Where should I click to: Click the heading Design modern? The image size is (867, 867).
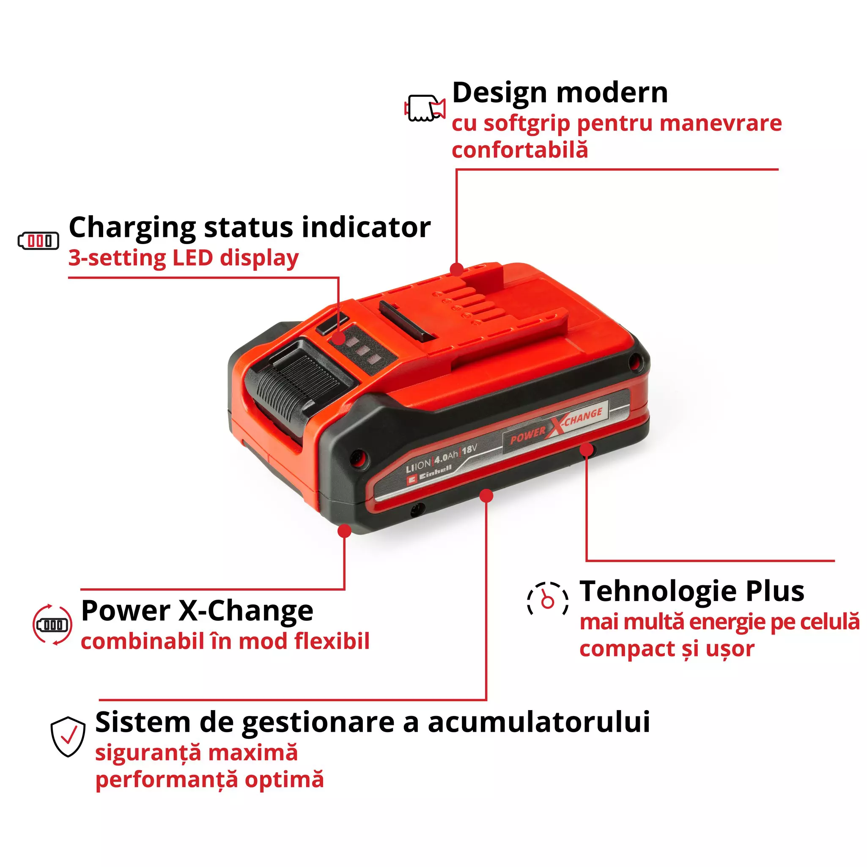pyautogui.click(x=560, y=93)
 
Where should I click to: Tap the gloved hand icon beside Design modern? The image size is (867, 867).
pyautogui.click(x=424, y=108)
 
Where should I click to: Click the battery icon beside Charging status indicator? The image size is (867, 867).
pyautogui.click(x=38, y=241)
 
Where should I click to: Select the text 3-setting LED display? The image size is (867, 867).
pyautogui.click(x=183, y=258)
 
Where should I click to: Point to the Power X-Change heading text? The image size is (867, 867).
pyautogui.click(x=197, y=611)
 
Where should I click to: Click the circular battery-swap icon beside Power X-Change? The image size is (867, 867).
pyautogui.click(x=52, y=625)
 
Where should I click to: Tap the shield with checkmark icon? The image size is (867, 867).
pyautogui.click(x=68, y=736)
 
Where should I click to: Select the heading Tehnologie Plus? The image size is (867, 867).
pyautogui.click(x=691, y=591)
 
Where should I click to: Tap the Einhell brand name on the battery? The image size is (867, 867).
pyautogui.click(x=435, y=471)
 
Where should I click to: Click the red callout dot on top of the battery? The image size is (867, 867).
pyautogui.click(x=456, y=269)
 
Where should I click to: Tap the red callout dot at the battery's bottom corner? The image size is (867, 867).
pyautogui.click(x=344, y=531)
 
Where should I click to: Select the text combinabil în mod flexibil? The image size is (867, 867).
pyautogui.click(x=225, y=641)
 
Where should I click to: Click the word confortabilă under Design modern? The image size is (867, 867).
pyautogui.click(x=519, y=150)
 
